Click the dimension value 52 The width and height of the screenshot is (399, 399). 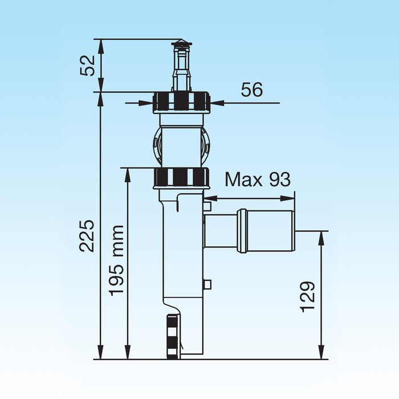pos(87,66)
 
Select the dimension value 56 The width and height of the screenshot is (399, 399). pos(252,89)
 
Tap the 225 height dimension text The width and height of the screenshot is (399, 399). pos(87,235)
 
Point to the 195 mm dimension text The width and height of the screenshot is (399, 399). pos(117,259)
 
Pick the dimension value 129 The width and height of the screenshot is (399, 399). pos(308,296)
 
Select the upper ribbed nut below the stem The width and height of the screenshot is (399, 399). pos(182,102)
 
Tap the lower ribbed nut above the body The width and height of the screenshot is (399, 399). pos(182,177)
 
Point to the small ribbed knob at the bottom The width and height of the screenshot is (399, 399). pos(173,336)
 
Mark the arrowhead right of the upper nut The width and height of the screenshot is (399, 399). pos(217,103)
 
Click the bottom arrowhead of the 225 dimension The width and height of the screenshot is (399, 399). pos(100,355)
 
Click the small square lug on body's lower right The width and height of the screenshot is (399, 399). pos(207,283)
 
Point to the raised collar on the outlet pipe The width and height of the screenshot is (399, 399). pos(242,230)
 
